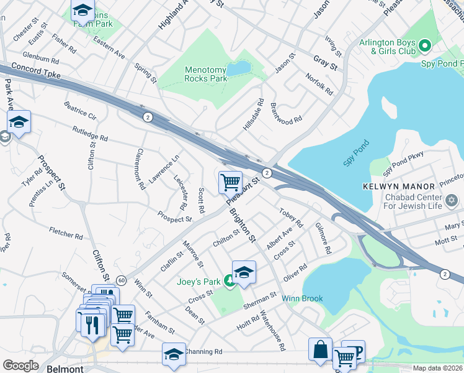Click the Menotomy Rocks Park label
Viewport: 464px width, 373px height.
pyautogui.click(x=205, y=74)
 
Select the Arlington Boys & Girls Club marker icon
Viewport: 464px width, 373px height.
pyautogui.click(x=425, y=45)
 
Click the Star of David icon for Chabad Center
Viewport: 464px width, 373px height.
pyautogui.click(x=452, y=201)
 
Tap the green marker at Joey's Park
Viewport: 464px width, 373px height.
pyautogui.click(x=230, y=283)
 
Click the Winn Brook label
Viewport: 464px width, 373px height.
pyautogui.click(x=302, y=298)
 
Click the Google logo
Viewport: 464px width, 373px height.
pyautogui.click(x=20, y=365)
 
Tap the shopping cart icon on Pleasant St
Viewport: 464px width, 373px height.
pyautogui.click(x=230, y=182)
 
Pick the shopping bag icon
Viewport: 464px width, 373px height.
pyautogui.click(x=321, y=349)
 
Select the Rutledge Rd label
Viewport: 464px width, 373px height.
pyautogui.click(x=90, y=133)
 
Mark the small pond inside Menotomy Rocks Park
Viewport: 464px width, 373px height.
pyautogui.click(x=239, y=68)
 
